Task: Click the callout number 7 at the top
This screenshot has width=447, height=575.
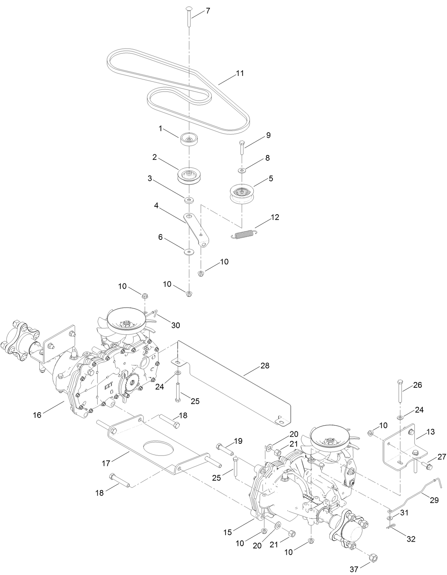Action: [x=208, y=11]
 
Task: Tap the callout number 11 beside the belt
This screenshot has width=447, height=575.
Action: [x=240, y=73]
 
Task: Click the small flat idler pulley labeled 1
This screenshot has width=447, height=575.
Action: [x=189, y=139]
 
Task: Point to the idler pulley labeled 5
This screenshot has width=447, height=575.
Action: [x=242, y=194]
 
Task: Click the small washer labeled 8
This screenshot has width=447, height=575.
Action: [x=242, y=171]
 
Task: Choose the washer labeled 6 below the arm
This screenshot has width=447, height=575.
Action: [x=188, y=252]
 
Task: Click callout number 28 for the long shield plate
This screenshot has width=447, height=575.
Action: [x=265, y=365]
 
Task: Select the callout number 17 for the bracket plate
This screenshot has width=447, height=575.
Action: [x=106, y=463]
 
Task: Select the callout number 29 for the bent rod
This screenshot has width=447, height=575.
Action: [x=434, y=500]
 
